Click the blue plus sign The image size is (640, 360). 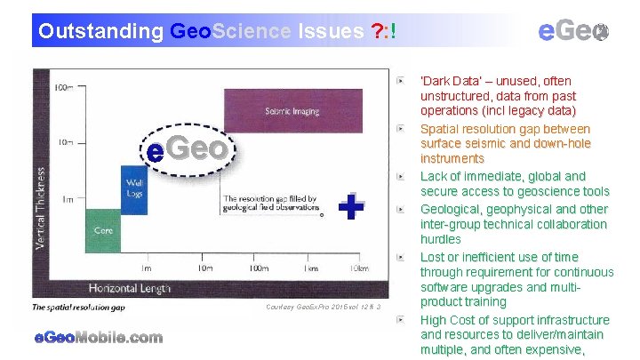pyautogui.click(x=352, y=207)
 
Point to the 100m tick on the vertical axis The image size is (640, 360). pyautogui.click(x=62, y=88)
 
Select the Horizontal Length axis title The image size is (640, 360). pyautogui.click(x=128, y=288)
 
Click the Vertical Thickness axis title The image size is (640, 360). pyautogui.click(x=41, y=206)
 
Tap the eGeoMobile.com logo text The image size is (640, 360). pyautogui.click(x=99, y=337)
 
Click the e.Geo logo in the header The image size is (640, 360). pyautogui.click(x=573, y=31)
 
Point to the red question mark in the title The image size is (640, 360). pyautogui.click(x=376, y=32)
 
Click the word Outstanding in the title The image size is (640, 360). pyautogui.click(x=100, y=32)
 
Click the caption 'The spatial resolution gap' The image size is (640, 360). pyautogui.click(x=79, y=307)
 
